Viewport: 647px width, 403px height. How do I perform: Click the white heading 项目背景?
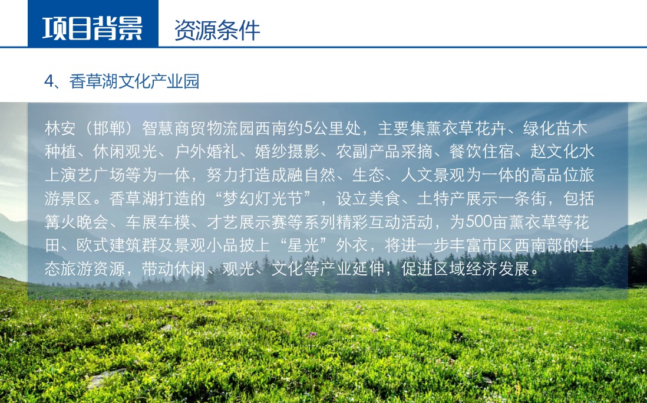tap(93, 28)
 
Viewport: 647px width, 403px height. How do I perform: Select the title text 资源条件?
tap(217, 30)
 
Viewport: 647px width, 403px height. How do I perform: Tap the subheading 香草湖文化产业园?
tap(134, 81)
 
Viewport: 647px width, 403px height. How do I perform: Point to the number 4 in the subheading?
tap(49, 81)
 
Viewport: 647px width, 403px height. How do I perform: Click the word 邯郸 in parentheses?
tap(109, 129)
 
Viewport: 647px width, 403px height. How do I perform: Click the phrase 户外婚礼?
tap(207, 152)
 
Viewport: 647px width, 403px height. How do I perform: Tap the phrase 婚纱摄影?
tap(288, 152)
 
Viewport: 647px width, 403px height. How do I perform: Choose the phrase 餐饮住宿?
tap(481, 152)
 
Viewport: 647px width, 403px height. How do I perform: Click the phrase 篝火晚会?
tap(77, 222)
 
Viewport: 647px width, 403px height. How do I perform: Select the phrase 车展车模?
tap(158, 222)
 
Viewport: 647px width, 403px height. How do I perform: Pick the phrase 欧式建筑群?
tap(117, 245)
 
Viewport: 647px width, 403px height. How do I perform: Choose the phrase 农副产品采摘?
tap(385, 152)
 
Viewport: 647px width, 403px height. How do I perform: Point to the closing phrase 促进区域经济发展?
tap(466, 269)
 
